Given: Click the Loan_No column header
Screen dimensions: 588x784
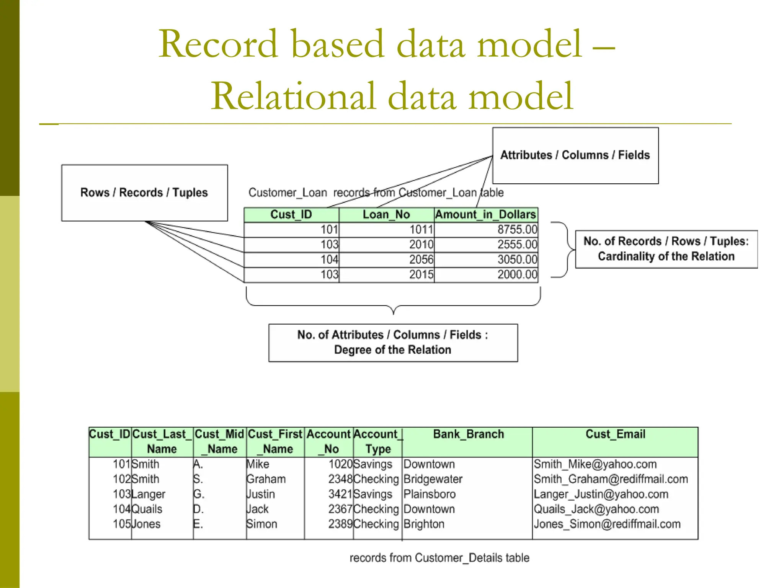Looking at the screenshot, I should click(386, 214).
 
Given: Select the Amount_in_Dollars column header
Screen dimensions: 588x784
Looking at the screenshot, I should click(485, 214).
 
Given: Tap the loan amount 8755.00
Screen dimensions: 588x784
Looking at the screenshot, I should click(517, 230).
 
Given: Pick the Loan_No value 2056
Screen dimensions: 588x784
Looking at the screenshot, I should click(421, 260).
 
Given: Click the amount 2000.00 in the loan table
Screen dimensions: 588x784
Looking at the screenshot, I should click(517, 274).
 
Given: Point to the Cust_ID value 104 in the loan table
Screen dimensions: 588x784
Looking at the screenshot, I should click(329, 260).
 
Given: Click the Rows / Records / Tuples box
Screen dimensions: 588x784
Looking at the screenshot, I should click(144, 193).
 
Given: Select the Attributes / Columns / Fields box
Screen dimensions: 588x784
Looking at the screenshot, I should click(575, 155).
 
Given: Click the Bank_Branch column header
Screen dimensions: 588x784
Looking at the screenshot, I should click(468, 434).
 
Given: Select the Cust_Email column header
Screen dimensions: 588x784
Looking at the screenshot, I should click(615, 434).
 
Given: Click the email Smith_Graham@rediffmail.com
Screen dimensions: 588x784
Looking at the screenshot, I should click(611, 479).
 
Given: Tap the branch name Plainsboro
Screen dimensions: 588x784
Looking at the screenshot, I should click(430, 494).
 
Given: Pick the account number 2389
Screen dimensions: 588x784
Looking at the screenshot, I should click(340, 524).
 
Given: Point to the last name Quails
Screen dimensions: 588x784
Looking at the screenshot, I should click(147, 509).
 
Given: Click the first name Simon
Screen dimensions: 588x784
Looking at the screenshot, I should click(262, 524).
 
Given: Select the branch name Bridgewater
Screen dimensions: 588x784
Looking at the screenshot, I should click(433, 479).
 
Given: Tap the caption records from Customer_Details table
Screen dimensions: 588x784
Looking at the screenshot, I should click(439, 558).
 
